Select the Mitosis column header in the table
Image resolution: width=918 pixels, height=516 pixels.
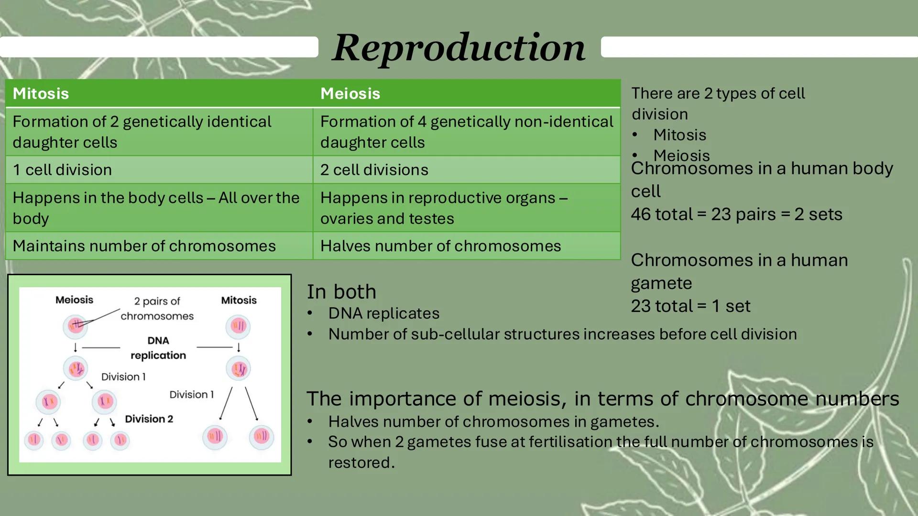coord(41,93)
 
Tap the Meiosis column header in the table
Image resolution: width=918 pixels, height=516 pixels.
coord(350,93)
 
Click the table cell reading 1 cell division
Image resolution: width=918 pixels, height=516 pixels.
coord(62,170)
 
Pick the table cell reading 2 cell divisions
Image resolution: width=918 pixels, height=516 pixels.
coord(374,170)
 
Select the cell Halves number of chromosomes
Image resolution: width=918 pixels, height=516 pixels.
coord(440,246)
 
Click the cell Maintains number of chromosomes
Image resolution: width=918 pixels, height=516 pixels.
coord(144,246)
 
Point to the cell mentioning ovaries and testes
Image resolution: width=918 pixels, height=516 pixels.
coord(387,218)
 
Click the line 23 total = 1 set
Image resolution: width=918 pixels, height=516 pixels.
coord(690,306)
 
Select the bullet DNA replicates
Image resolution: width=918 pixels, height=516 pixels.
coord(383,313)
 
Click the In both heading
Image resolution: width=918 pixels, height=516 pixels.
coord(341,291)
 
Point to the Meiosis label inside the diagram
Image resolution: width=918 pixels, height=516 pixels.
coord(74,300)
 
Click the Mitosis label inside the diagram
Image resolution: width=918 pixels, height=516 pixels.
coord(239,300)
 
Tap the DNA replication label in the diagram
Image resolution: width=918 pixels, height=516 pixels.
coord(158,348)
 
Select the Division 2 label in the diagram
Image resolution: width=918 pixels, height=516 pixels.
coord(149,419)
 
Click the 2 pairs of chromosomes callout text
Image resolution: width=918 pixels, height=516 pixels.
coord(157,309)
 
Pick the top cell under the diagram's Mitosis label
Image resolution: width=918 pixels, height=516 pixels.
coord(238,326)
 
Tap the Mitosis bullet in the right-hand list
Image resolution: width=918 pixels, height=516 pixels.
coord(679,135)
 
